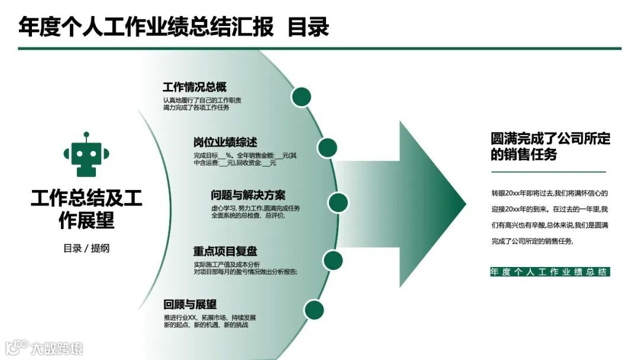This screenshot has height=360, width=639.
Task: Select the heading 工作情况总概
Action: tap(194, 87)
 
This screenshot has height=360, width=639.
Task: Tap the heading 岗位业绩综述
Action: tap(225, 142)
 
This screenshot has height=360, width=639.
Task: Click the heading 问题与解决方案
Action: tap(248, 195)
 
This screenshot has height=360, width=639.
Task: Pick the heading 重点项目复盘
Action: tap(225, 251)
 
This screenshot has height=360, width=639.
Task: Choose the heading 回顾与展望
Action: tap(190, 304)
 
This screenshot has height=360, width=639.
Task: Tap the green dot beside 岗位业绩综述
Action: tap(327, 147)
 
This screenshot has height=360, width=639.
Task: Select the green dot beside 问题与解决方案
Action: tap(337, 202)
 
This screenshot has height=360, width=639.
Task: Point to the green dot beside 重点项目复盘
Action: tap(333, 260)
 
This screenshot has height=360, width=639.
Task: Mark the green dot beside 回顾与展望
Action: tap(314, 310)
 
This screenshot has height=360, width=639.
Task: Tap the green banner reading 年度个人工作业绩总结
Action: tap(549, 272)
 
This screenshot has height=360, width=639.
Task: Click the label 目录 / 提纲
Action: tap(86, 249)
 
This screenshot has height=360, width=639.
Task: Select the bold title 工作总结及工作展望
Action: tap(86, 209)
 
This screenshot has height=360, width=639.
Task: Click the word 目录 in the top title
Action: tap(308, 27)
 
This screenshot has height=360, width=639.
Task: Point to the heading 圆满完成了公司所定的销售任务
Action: tap(550, 146)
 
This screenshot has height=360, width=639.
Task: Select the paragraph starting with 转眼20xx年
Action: tap(549, 217)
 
